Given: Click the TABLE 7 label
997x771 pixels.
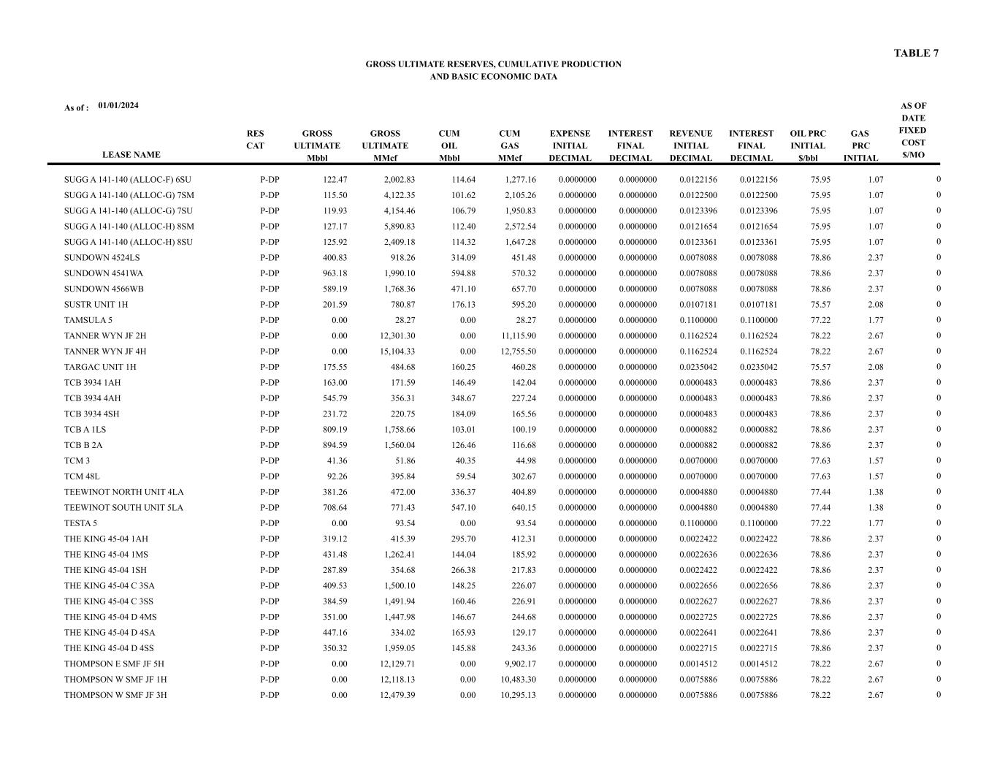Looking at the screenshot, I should coord(916,53).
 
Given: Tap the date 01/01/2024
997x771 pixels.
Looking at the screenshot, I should coord(118,106).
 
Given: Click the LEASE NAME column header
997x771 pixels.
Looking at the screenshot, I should coord(131,155).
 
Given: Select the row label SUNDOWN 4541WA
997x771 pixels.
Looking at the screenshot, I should coord(104,273).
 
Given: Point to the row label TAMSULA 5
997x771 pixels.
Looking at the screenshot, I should coord(88,320).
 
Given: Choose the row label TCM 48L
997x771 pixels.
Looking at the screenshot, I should coord(83,476).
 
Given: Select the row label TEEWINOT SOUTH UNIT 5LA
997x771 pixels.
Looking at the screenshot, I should coord(123,508).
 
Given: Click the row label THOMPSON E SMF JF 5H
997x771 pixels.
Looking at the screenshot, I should coord(114,664).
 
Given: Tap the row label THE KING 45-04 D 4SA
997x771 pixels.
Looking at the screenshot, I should coord(110,633).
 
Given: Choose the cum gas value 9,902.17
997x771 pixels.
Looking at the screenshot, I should coord(518,664).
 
